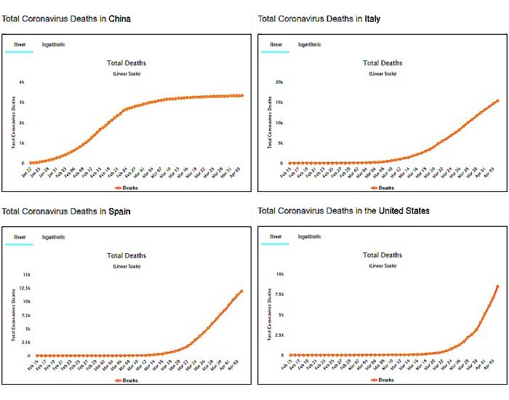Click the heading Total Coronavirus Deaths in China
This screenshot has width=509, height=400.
tap(67, 18)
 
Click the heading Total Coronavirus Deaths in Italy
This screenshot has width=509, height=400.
tap(319, 18)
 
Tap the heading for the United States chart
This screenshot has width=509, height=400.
tap(343, 211)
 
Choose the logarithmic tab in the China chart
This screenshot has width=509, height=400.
tap(53, 44)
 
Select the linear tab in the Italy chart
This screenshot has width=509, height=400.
tap(276, 44)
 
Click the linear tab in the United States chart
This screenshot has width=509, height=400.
tap(276, 237)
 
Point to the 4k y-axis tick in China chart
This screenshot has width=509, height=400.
tap(22, 82)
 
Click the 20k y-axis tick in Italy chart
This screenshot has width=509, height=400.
tap(278, 82)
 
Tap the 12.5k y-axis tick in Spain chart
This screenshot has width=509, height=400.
tap(24, 289)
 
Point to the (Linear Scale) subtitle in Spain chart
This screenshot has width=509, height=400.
tap(127, 266)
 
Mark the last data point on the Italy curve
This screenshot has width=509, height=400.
tap(497, 101)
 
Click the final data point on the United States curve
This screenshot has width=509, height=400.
tap(497, 287)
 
